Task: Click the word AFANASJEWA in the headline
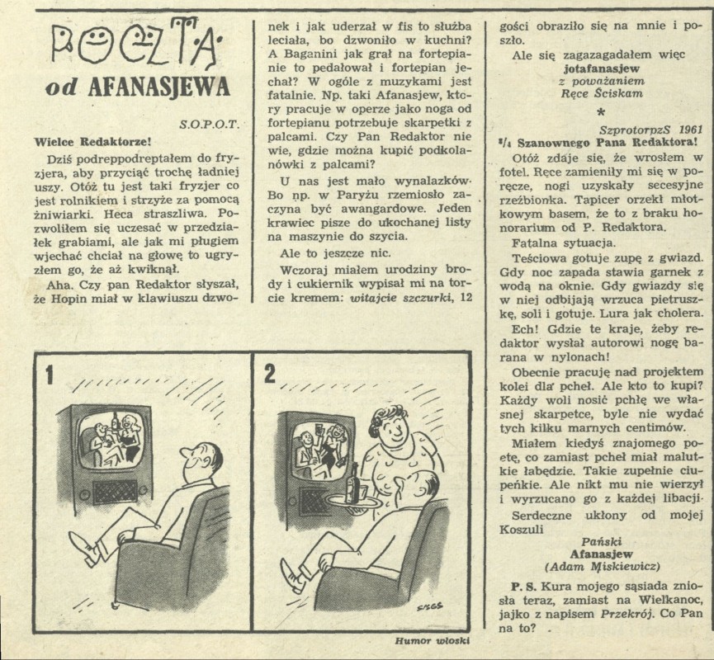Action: [x=159, y=87]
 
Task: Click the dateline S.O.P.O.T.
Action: [x=210, y=125]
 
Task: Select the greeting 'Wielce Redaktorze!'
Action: [x=92, y=142]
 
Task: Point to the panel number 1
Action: [x=50, y=375]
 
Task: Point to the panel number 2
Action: [x=269, y=375]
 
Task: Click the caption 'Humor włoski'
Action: [x=433, y=641]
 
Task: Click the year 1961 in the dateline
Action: [x=691, y=129]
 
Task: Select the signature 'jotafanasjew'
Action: [x=601, y=69]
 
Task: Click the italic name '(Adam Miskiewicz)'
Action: [x=602, y=566]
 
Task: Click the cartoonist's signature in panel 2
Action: [x=429, y=606]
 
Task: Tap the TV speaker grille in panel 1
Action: [x=116, y=493]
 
